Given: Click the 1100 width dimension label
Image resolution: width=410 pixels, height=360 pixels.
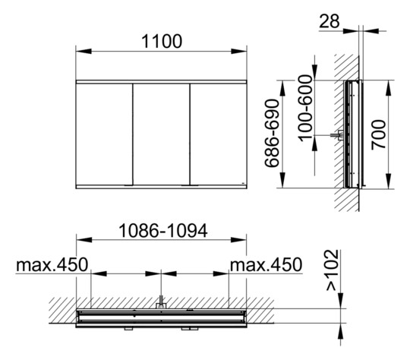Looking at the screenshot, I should tap(161, 41).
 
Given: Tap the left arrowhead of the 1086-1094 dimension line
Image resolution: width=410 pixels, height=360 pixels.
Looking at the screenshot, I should tap(80, 240).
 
